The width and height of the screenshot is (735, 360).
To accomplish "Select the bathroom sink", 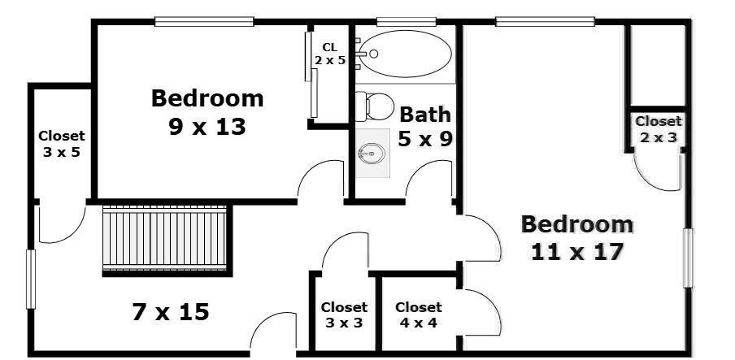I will point(372,152).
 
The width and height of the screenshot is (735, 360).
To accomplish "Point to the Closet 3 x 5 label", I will point(61,144).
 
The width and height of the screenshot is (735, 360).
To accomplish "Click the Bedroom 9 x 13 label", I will point(207,112).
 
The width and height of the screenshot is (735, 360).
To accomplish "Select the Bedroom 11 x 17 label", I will point(576,237).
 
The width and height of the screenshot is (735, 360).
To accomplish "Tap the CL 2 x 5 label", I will point(330,54).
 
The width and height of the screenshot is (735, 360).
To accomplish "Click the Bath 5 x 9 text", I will point(424,126).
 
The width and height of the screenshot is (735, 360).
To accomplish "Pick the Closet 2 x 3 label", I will point(658,129).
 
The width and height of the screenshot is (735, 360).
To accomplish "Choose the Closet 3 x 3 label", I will point(344,314).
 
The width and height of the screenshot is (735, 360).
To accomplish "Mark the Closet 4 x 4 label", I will point(418,314).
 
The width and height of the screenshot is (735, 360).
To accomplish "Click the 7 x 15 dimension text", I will point(170,311).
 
